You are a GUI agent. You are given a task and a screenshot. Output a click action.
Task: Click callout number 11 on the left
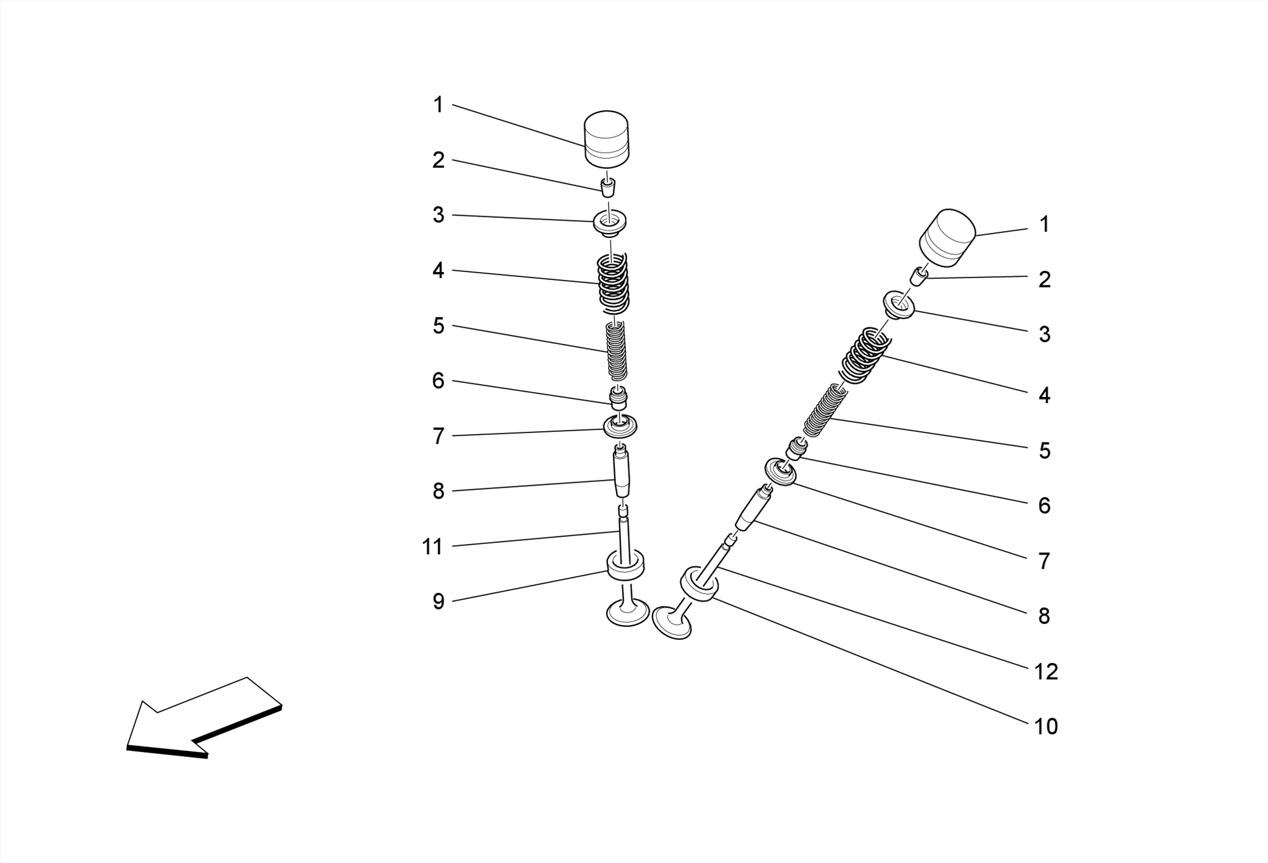(x=432, y=547)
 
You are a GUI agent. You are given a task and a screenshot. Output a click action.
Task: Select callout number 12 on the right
(x=1046, y=672)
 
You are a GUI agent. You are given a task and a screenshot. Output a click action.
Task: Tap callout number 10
(x=1046, y=726)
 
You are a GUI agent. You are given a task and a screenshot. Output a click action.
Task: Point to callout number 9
(x=438, y=602)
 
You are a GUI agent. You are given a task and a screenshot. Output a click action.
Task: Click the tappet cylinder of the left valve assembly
(x=607, y=139)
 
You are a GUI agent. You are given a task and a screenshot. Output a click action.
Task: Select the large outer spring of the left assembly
(x=613, y=284)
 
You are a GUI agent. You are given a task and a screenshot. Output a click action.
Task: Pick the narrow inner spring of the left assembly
(x=616, y=351)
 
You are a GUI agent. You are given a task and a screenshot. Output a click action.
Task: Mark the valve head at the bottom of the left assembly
(x=627, y=613)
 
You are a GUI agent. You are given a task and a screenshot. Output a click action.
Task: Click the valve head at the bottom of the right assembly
(x=672, y=623)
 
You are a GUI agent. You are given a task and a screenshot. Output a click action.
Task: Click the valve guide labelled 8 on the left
(x=622, y=474)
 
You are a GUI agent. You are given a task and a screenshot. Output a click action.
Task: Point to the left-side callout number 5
(x=438, y=326)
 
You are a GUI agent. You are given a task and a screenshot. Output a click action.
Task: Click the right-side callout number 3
(x=1044, y=335)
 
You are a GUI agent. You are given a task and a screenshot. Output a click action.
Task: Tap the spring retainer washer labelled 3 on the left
(x=610, y=223)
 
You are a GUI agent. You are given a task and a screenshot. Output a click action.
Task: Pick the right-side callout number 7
(x=1044, y=561)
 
